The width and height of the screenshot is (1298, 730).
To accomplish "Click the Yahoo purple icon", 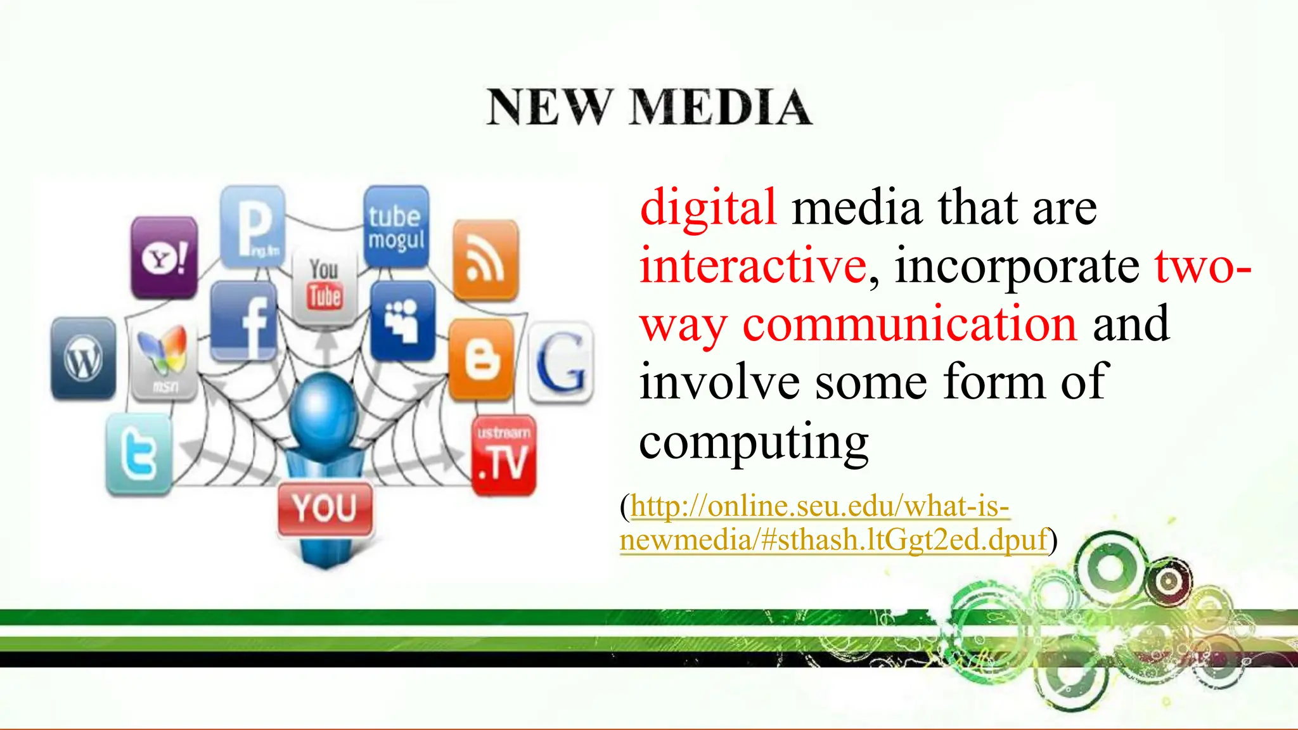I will tap(164, 257).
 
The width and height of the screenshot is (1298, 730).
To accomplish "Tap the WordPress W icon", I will tap(83, 359).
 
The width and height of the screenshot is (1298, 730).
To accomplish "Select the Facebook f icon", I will tap(243, 321).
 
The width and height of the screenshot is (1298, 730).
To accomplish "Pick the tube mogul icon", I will tap(396, 227).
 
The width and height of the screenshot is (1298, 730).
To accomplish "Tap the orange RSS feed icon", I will tap(485, 260).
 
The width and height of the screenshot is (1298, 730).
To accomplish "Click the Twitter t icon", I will tap(139, 454).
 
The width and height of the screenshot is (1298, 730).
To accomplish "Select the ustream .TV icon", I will tap(504, 455).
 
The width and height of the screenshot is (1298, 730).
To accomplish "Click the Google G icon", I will tap(560, 362).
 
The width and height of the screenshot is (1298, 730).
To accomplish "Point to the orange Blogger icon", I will tap(481, 359).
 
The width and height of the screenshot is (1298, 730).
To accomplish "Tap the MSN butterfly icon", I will tap(164, 359).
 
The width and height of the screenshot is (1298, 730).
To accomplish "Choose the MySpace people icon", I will tap(403, 321).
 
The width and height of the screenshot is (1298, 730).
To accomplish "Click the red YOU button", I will tap(324, 509).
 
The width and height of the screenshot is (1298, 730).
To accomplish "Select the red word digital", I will tap(708, 207).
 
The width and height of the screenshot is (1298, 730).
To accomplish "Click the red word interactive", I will tap(753, 266).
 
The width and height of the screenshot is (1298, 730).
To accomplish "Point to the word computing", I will tap(754, 442).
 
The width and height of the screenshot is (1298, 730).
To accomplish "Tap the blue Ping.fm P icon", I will tap(253, 227).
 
